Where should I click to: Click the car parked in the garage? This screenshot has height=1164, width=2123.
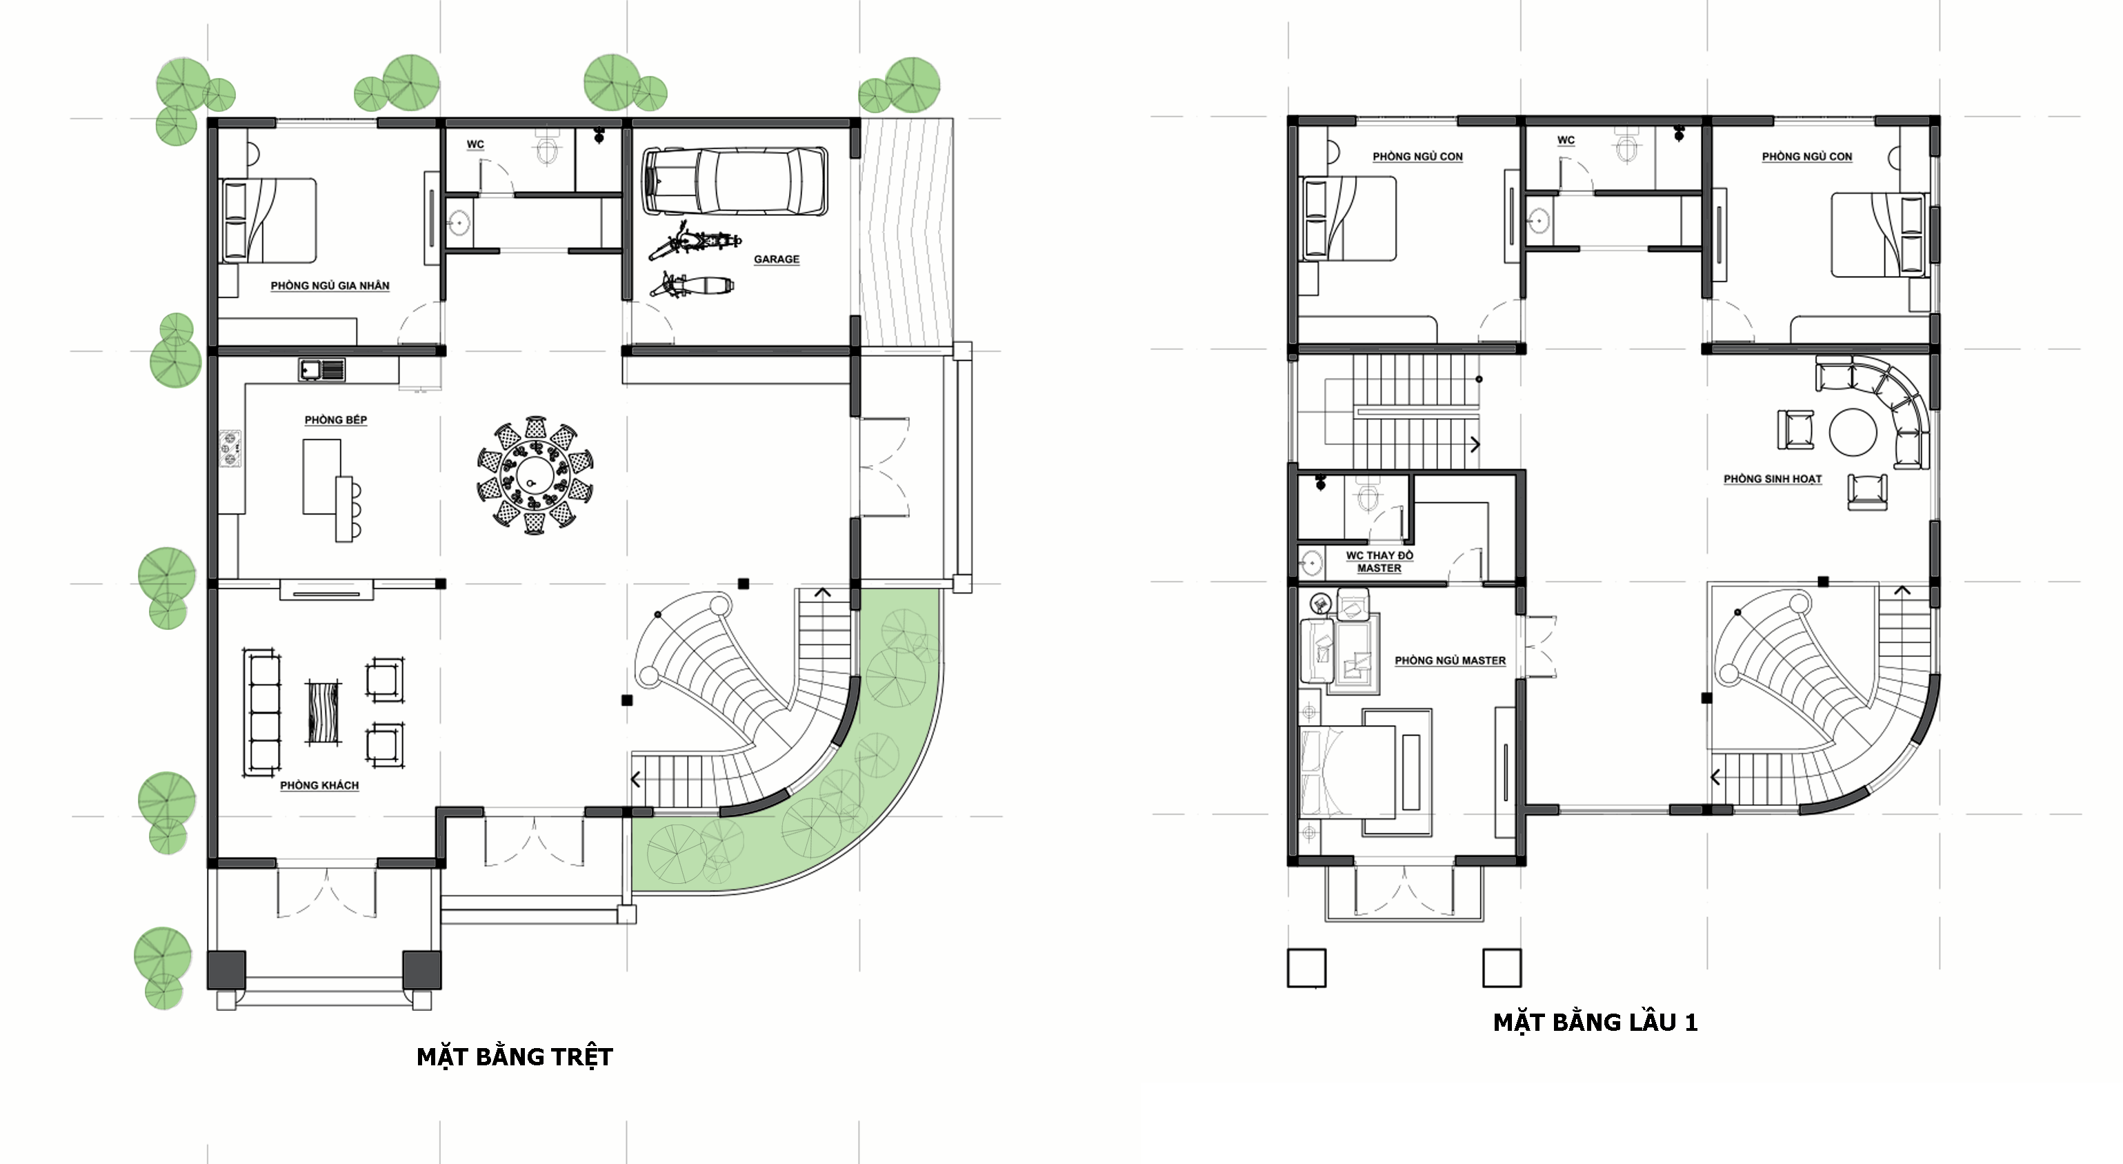(x=735, y=181)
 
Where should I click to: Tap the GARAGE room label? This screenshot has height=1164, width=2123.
(x=777, y=259)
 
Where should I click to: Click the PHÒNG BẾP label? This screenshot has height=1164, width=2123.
(x=335, y=420)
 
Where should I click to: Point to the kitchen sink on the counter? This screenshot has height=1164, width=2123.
(x=321, y=370)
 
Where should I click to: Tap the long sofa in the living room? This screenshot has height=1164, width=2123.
(x=262, y=713)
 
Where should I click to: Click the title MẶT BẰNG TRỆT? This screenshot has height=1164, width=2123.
(x=515, y=1057)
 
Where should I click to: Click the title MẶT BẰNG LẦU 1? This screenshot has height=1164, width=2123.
(x=1595, y=1023)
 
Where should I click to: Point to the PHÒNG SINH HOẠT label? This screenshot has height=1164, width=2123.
(x=1773, y=479)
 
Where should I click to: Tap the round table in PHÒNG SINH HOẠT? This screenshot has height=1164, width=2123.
(x=1853, y=431)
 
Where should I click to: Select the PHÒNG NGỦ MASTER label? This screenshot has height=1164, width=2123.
(x=1450, y=660)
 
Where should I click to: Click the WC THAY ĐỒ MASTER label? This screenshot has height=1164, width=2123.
(x=1379, y=562)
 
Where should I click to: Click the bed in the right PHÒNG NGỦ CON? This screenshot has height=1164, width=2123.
(x=1879, y=235)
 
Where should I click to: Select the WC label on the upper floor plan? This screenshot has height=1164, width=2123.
(x=1566, y=140)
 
